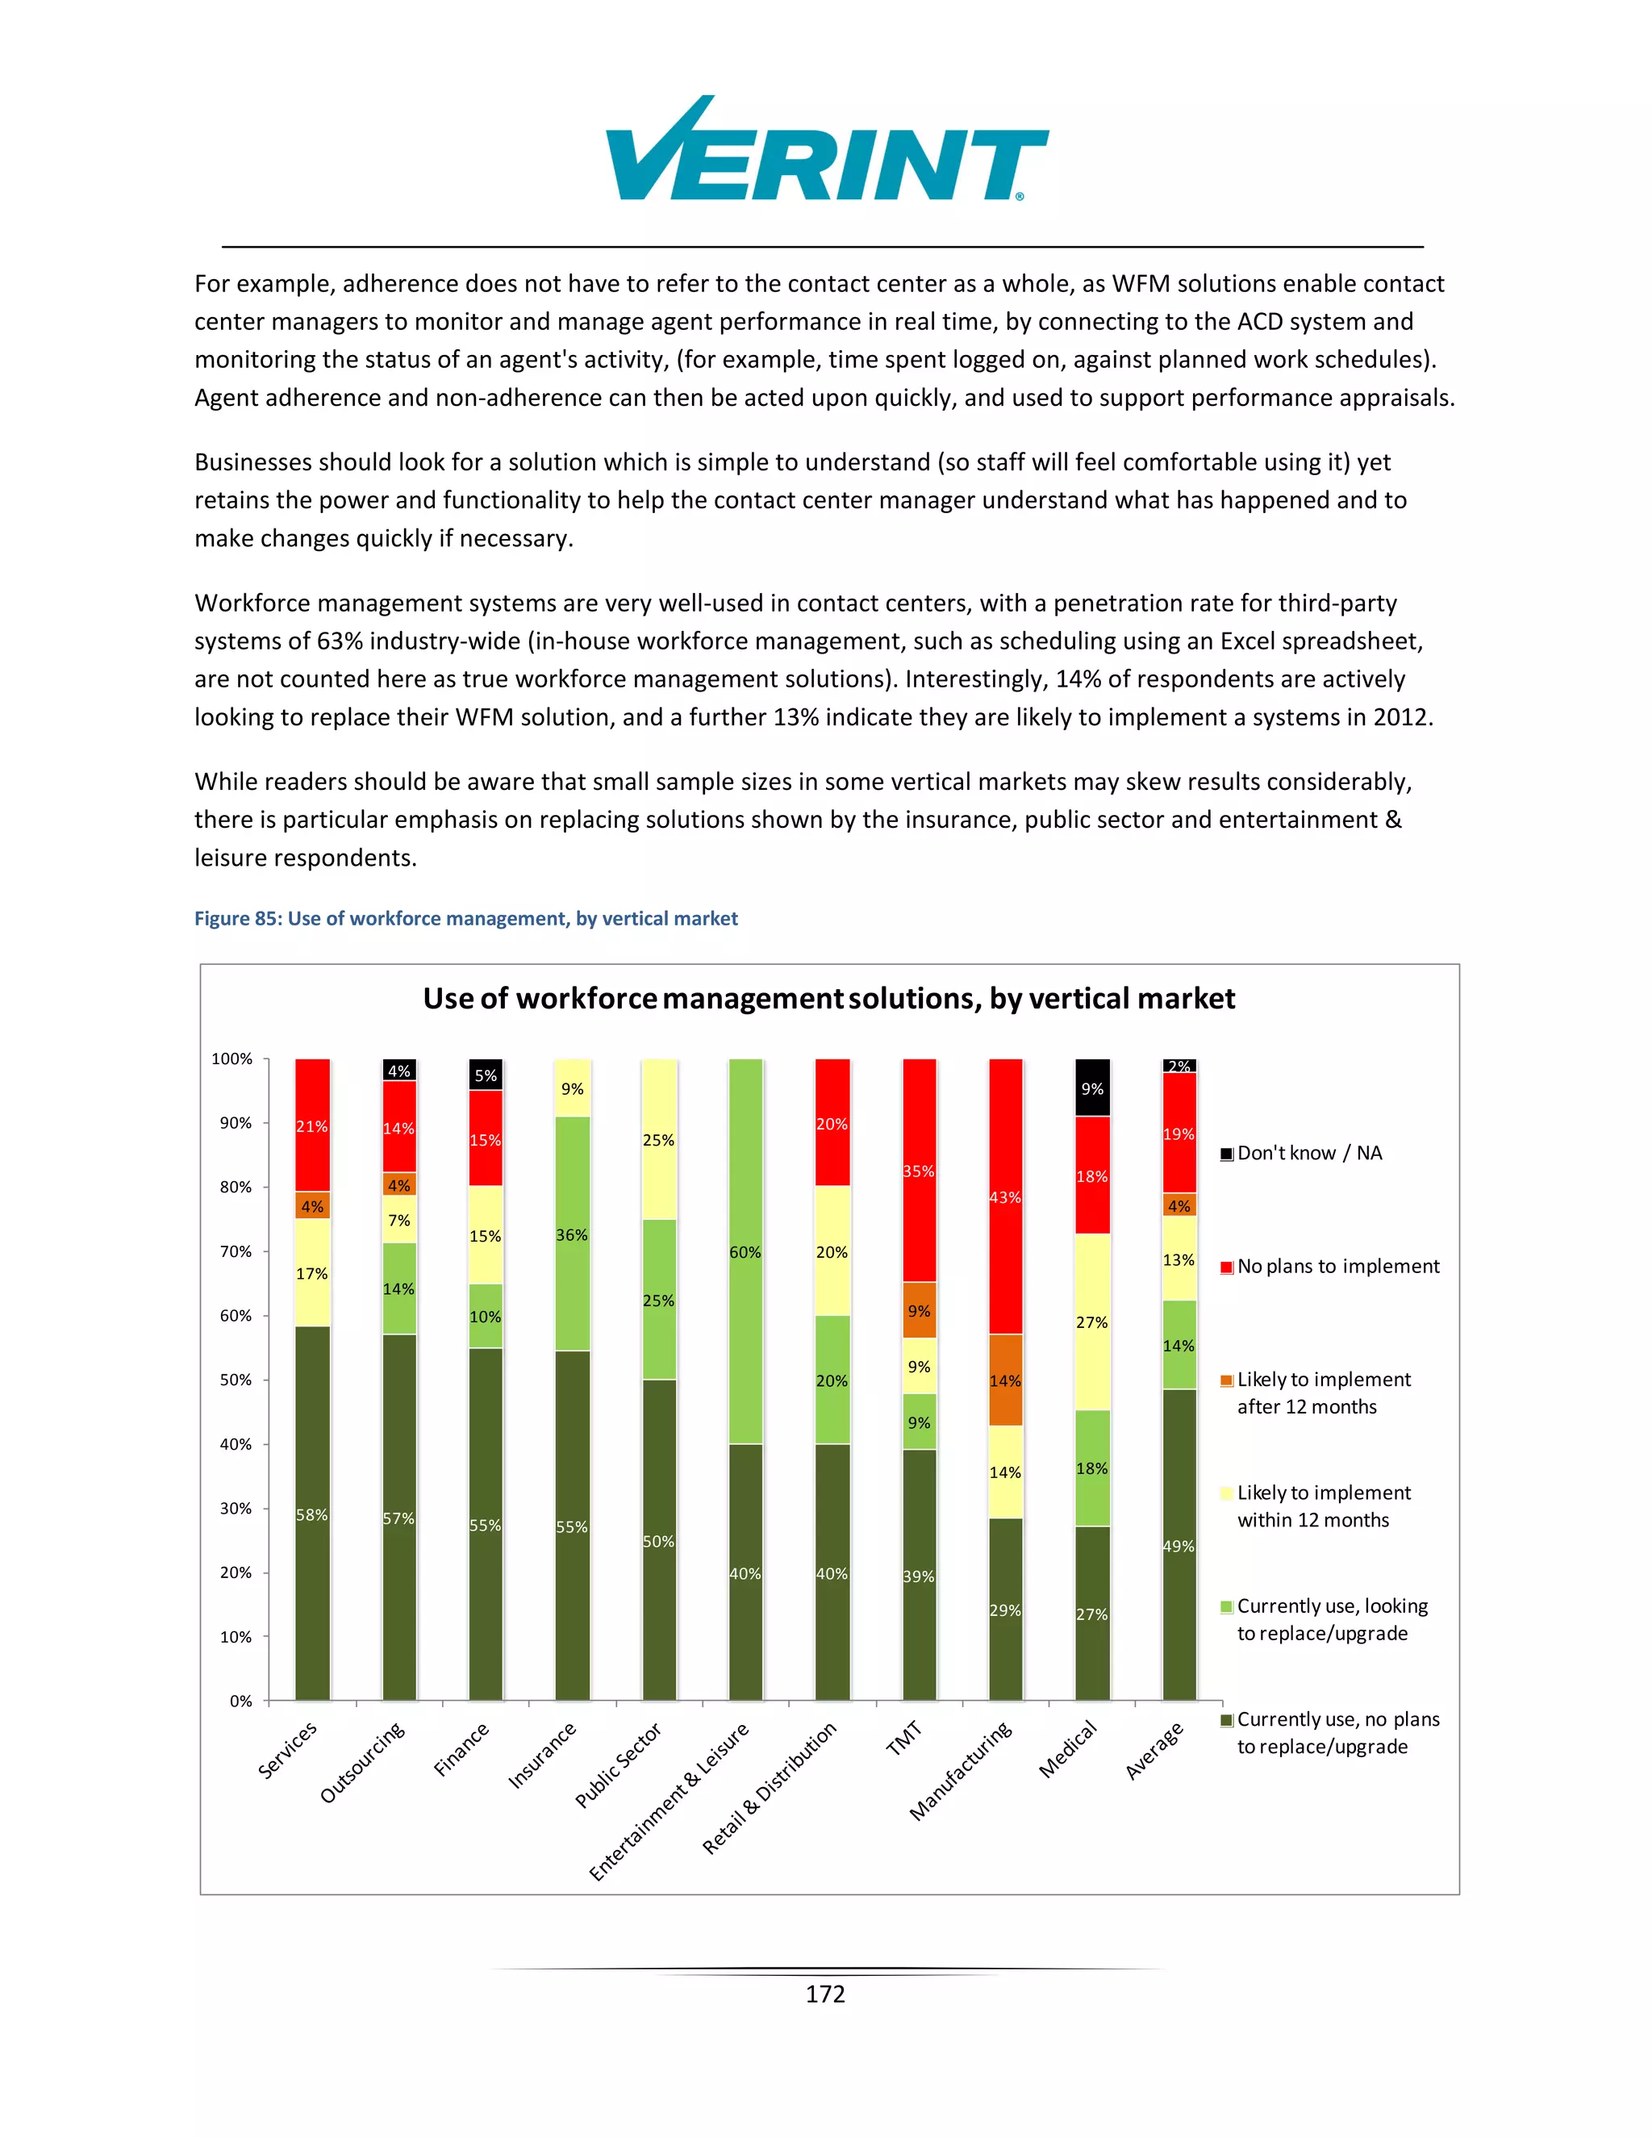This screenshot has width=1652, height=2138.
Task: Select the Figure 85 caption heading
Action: (x=466, y=918)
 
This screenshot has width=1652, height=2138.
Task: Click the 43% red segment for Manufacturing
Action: (x=1005, y=1196)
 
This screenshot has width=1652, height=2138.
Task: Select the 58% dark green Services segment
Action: (x=312, y=1514)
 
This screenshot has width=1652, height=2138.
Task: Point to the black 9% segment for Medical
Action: (x=1092, y=1088)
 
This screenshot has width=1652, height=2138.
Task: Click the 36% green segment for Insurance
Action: (x=573, y=1234)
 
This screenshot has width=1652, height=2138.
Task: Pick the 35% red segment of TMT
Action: (x=919, y=1171)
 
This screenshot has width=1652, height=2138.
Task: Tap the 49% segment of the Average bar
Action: (x=1179, y=1546)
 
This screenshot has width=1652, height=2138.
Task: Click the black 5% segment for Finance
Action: (x=486, y=1075)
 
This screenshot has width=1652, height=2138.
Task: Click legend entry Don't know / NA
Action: (x=1308, y=1153)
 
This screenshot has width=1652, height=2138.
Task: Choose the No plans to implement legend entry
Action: (x=1337, y=1267)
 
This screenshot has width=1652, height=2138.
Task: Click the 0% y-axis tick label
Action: (x=240, y=1701)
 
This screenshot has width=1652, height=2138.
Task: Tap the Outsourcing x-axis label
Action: (x=362, y=1762)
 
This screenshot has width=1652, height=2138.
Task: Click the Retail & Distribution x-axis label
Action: (x=770, y=1788)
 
